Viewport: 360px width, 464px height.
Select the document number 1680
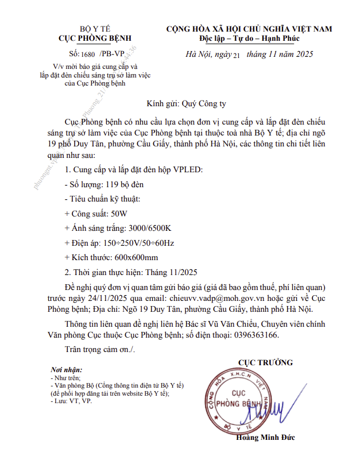[x=90, y=54]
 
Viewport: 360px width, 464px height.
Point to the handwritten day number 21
[x=233, y=56]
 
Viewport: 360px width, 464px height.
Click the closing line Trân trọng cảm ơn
[x=99, y=349]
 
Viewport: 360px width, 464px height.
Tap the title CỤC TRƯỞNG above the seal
[x=265, y=362]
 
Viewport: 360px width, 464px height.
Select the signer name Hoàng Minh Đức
[x=265, y=438]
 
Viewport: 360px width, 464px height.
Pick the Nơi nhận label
[x=67, y=370]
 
